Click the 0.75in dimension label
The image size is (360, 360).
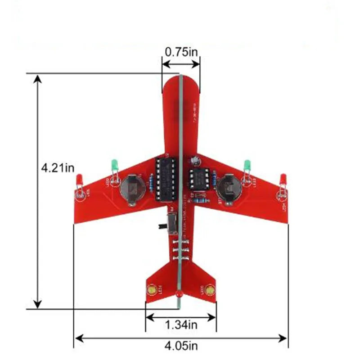point(181,52)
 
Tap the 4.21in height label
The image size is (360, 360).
point(58,168)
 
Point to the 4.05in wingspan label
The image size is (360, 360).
point(181,346)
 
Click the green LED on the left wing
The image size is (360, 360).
point(115,165)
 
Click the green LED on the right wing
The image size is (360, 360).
point(247,166)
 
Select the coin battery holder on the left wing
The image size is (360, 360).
point(131,189)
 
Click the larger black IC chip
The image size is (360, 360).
point(165,180)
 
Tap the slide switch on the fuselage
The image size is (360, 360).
point(171,224)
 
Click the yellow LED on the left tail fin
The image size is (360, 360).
point(152,290)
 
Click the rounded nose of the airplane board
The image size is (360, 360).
point(180,83)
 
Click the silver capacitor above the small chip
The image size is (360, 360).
point(195,160)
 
